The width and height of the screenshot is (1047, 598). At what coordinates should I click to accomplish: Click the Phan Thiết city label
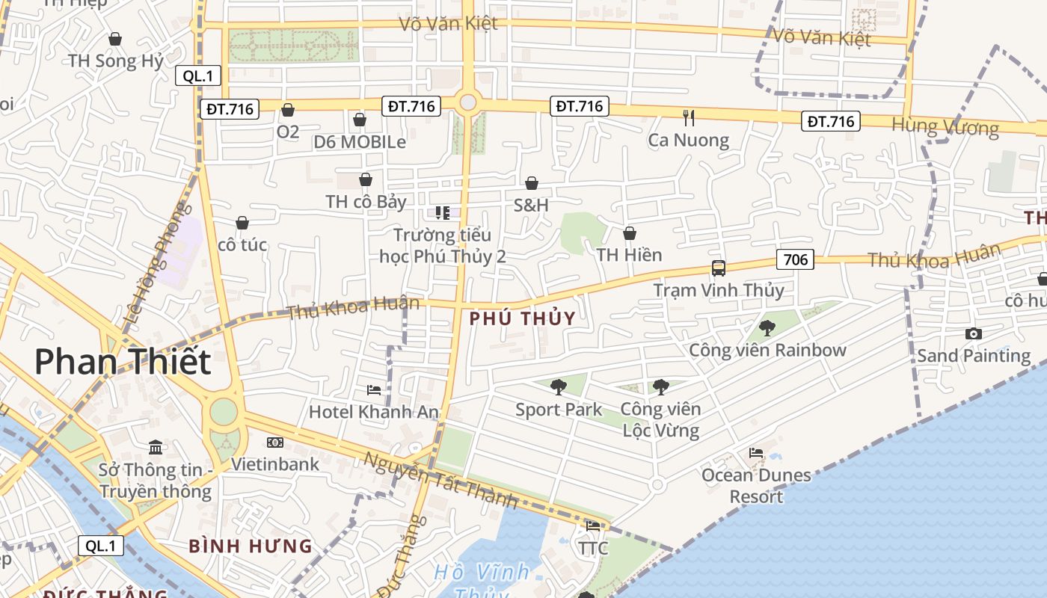(123, 362)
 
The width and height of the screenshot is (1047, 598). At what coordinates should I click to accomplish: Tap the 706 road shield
(795, 259)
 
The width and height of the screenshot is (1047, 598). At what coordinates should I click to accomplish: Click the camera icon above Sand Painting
(973, 333)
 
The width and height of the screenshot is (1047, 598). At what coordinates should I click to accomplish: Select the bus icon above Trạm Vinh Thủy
(718, 268)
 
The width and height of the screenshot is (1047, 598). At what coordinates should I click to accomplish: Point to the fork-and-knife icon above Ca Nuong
(689, 117)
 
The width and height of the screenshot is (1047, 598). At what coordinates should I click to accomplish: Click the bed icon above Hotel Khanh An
(373, 390)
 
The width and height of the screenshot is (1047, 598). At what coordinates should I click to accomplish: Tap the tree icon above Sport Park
(558, 386)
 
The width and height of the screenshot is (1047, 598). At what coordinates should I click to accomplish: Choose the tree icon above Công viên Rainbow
(767, 327)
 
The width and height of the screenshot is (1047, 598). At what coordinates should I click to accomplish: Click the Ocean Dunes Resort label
(756, 485)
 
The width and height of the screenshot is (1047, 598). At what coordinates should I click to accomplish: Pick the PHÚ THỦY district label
(523, 318)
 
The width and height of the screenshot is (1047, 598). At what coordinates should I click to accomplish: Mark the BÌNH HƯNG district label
(250, 546)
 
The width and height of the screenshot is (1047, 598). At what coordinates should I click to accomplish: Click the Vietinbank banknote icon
(274, 443)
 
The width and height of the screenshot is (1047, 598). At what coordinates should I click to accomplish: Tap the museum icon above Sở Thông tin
(156, 447)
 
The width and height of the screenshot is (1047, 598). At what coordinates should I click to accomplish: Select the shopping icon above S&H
(531, 183)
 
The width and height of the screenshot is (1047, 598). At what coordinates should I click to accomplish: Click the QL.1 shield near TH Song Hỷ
(198, 75)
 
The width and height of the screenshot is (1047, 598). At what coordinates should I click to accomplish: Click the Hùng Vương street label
(945, 127)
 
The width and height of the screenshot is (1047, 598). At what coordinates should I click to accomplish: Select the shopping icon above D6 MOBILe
(360, 120)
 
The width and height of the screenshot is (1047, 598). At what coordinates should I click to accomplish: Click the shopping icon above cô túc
(242, 223)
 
